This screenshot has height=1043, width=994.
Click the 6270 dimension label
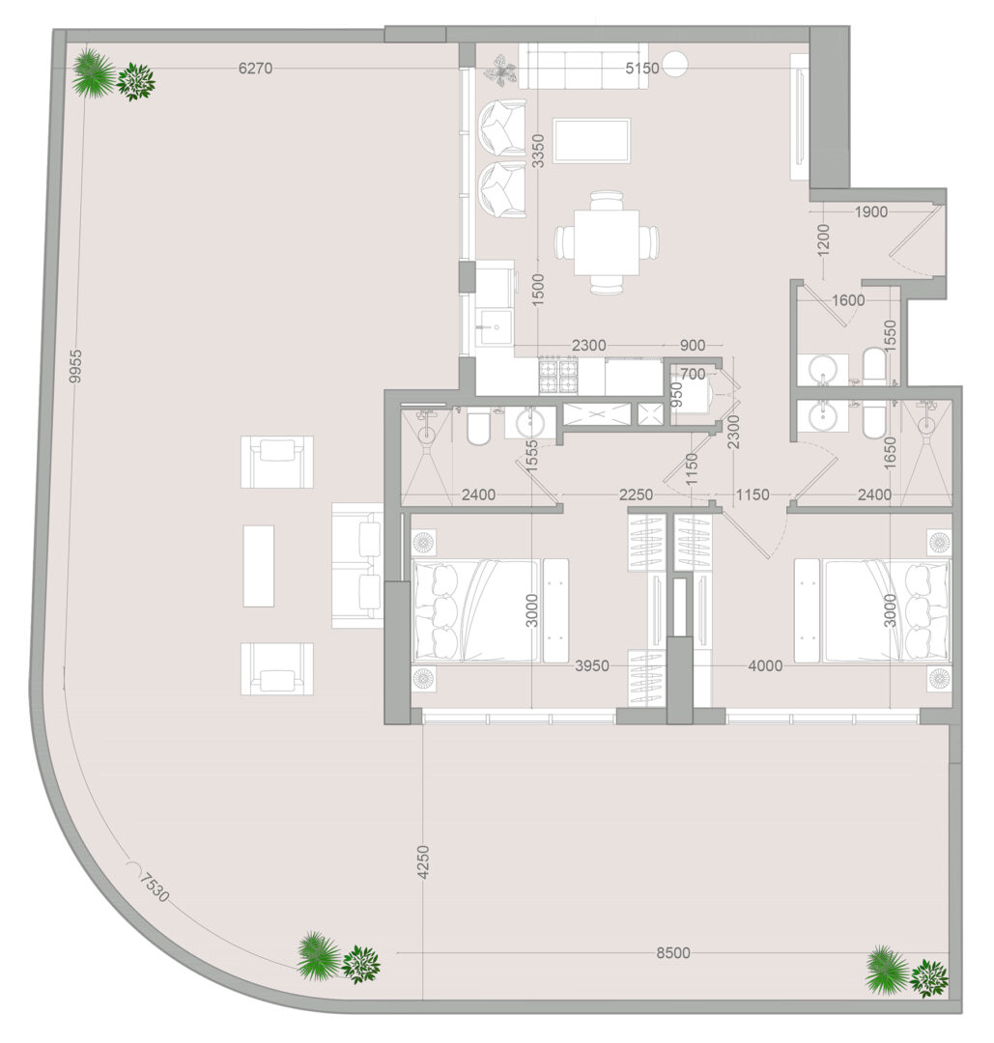[x=255, y=68]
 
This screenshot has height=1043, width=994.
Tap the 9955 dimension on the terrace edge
[x=75, y=367]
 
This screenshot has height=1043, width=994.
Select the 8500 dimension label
[x=672, y=952]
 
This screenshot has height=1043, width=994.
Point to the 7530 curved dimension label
[x=155, y=888]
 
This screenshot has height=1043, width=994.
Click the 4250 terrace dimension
[x=423, y=862]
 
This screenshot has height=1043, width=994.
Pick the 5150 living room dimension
[x=642, y=68]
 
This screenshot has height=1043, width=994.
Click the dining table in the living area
[x=607, y=242]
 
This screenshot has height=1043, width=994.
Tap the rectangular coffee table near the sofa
[x=591, y=140]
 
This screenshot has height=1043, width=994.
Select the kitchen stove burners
[x=559, y=376]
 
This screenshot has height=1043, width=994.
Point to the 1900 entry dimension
[x=871, y=211]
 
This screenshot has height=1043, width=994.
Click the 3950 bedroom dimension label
[x=592, y=665]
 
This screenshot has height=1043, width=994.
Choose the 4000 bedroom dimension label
[x=765, y=665]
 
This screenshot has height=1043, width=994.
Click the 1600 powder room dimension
[x=848, y=300]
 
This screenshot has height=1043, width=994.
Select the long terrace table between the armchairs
[x=258, y=566]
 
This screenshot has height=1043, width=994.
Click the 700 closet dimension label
[x=693, y=375]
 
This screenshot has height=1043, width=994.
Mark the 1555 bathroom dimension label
[x=531, y=457]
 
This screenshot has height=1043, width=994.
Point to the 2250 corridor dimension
[x=636, y=494]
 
